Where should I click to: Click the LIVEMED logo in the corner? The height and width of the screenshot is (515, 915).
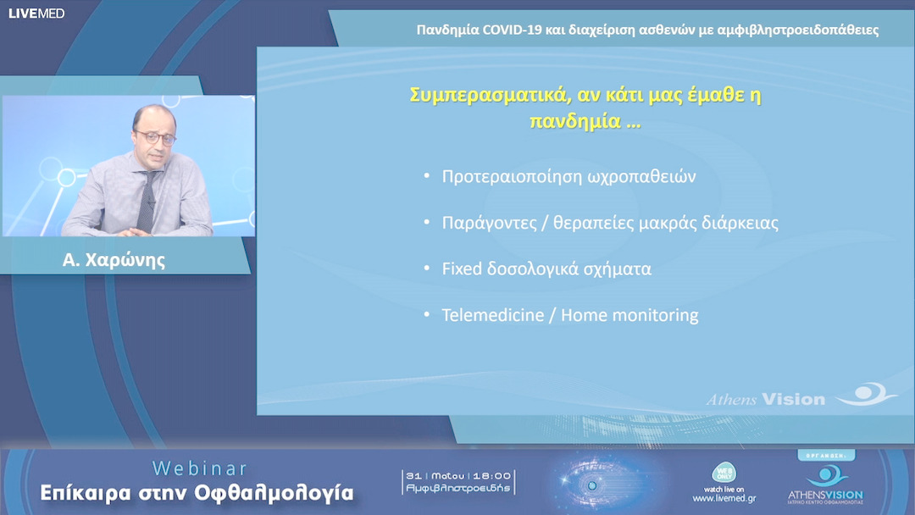(x=36, y=13)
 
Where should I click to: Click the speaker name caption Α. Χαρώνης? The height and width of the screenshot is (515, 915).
(x=114, y=260)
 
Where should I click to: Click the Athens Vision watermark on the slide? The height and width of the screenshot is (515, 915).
(x=766, y=398)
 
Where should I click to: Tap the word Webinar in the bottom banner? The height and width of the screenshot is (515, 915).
(x=200, y=468)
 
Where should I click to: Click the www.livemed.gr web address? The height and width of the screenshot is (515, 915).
(x=724, y=499)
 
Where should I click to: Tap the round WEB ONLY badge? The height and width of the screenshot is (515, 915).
(x=724, y=473)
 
